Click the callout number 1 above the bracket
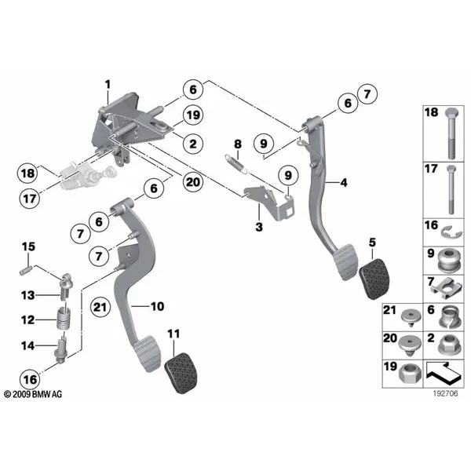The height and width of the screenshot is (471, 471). tap(108, 85)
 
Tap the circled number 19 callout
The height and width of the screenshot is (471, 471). tap(193, 115)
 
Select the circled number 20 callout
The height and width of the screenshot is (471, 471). tap(193, 182)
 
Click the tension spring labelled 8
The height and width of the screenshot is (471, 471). tap(236, 164)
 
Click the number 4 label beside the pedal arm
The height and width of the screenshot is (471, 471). tap(343, 183)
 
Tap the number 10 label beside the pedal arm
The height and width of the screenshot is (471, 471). tap(158, 306)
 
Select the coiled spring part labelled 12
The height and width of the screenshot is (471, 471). tap(64, 319)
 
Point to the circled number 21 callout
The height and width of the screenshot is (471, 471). tap(100, 307)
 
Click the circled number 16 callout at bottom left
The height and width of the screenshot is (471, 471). tap(30, 380)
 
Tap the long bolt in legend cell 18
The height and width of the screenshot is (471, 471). tap(451, 133)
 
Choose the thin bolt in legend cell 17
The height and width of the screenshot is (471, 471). tap(451, 189)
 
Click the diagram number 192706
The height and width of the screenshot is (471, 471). tap(445, 393)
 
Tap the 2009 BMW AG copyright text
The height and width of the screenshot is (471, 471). tap(33, 394)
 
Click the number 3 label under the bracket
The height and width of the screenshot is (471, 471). tap(259, 227)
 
